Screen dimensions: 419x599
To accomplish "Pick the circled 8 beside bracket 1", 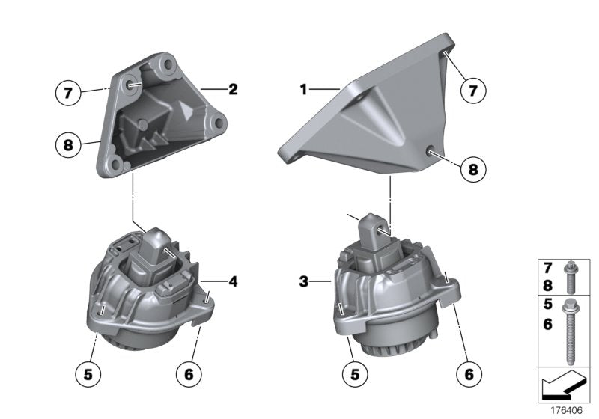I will (x=472, y=169).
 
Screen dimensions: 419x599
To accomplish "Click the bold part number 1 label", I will (x=304, y=90).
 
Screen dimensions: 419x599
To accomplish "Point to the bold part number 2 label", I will (x=233, y=89).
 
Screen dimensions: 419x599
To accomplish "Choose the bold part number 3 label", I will (x=303, y=282).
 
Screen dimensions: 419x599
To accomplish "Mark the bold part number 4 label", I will (x=233, y=282).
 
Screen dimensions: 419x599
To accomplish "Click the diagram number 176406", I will (x=567, y=411).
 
